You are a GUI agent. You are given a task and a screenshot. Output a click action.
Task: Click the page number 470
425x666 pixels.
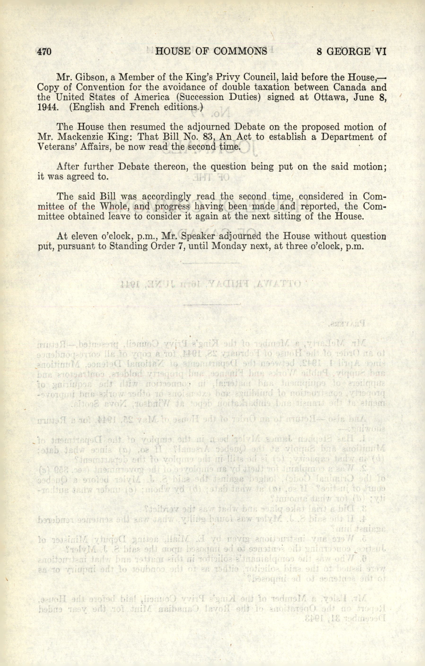point(44,52)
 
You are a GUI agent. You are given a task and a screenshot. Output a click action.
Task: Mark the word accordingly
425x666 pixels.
point(166,197)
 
